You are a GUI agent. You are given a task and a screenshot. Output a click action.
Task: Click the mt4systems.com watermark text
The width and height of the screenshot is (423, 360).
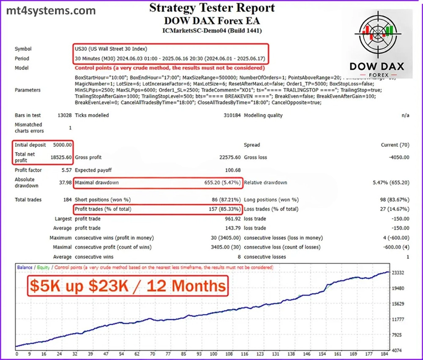click(51, 10)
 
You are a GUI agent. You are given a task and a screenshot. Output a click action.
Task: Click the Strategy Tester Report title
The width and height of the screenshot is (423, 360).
click(211, 8)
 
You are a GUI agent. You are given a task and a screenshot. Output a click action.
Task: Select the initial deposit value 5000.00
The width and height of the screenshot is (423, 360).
click(62, 145)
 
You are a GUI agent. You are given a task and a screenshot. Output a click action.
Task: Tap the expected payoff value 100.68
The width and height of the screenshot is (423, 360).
click(232, 170)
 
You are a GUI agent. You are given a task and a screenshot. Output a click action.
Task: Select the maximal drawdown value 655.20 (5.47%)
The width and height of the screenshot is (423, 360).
click(222, 183)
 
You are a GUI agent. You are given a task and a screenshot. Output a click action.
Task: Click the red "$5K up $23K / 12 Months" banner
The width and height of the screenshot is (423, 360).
click(128, 286)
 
